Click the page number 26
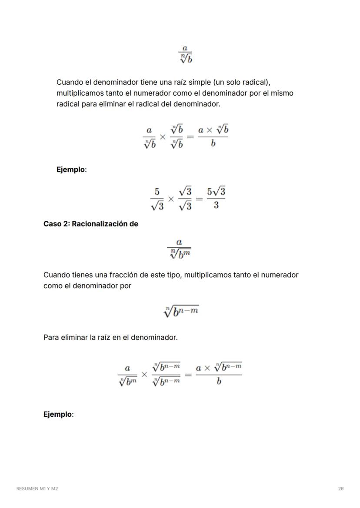tap(341, 488)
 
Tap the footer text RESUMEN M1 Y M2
tap(37, 488)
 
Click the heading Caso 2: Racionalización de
tap(90, 224)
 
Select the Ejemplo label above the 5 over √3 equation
tap(71, 169)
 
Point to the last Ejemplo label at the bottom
tap(58, 414)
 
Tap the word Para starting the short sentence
tap(51, 337)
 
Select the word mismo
tap(282, 93)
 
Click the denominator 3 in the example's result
tap(216, 205)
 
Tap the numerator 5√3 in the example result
tap(216, 191)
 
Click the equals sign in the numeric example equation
tap(199, 199)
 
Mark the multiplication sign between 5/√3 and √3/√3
tap(171, 199)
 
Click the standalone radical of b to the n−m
tap(181, 311)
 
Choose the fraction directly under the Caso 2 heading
tap(179, 248)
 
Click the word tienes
tap(83, 275)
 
